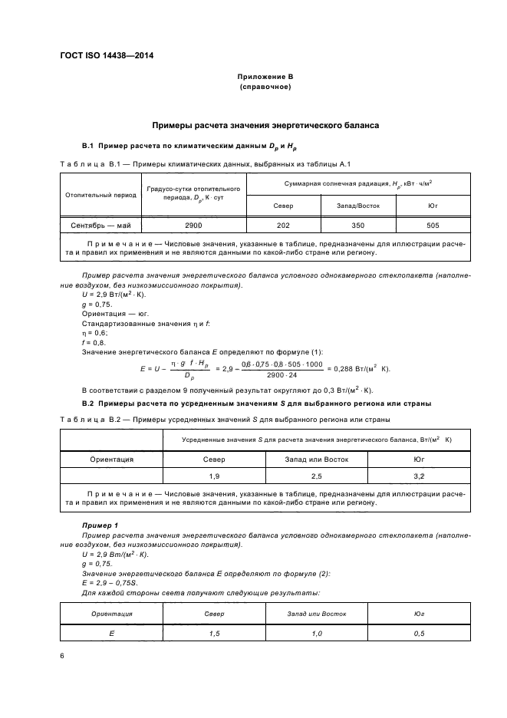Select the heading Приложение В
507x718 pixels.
265,77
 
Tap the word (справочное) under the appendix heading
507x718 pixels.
265,87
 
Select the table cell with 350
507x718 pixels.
357,226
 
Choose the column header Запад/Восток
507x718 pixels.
357,206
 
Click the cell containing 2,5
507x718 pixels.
317,476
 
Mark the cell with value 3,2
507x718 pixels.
420,476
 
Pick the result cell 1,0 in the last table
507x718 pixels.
317,633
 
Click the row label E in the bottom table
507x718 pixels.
111,633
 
